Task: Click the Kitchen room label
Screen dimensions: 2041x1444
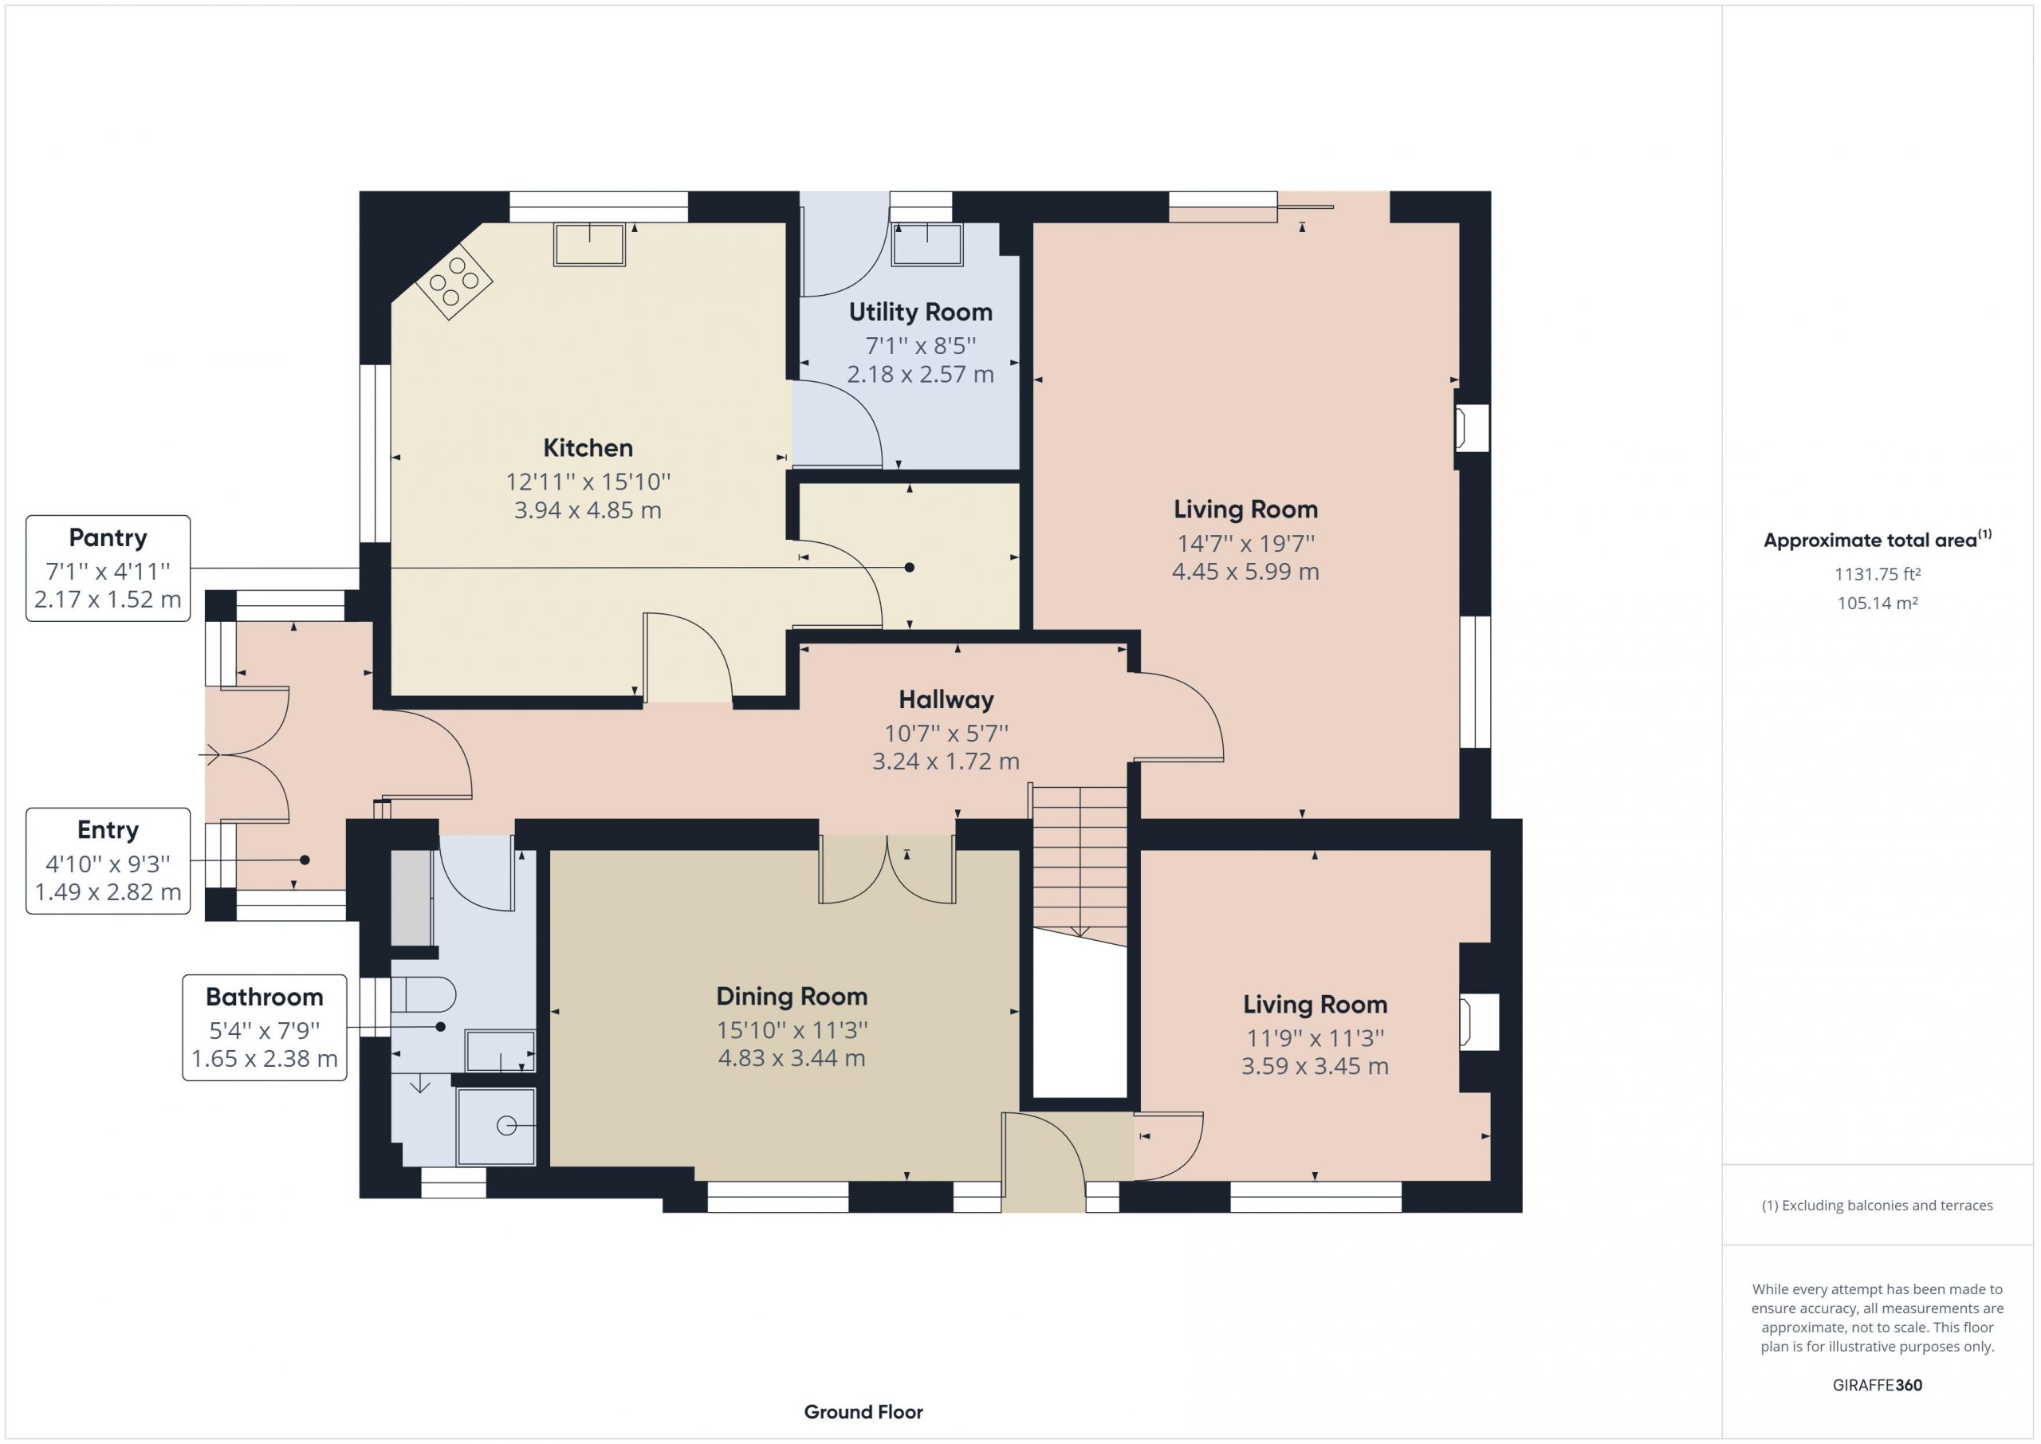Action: click(x=588, y=447)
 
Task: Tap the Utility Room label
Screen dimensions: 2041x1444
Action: click(x=920, y=312)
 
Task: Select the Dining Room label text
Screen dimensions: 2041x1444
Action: click(x=791, y=997)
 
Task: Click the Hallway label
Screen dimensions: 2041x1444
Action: click(x=946, y=700)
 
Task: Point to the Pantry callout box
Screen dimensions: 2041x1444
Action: click(x=108, y=569)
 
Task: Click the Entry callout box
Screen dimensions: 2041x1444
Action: click(x=108, y=860)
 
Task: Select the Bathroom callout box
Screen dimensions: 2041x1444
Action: click(x=265, y=1028)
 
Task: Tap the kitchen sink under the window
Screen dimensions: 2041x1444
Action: click(x=589, y=245)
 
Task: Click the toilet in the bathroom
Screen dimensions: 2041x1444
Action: click(x=423, y=995)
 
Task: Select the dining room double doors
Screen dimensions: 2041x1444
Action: click(x=887, y=870)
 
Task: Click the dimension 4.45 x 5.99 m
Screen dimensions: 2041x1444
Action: click(x=1245, y=572)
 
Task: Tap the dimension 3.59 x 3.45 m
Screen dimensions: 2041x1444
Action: click(x=1315, y=1066)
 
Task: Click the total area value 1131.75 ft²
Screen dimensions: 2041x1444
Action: click(x=1878, y=574)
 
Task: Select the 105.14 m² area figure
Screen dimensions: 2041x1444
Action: click(x=1878, y=603)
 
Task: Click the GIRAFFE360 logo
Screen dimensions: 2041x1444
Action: click(x=1878, y=1384)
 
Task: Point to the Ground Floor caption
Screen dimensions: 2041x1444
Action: click(x=863, y=1412)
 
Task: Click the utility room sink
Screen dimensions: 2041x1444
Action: click(x=927, y=245)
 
